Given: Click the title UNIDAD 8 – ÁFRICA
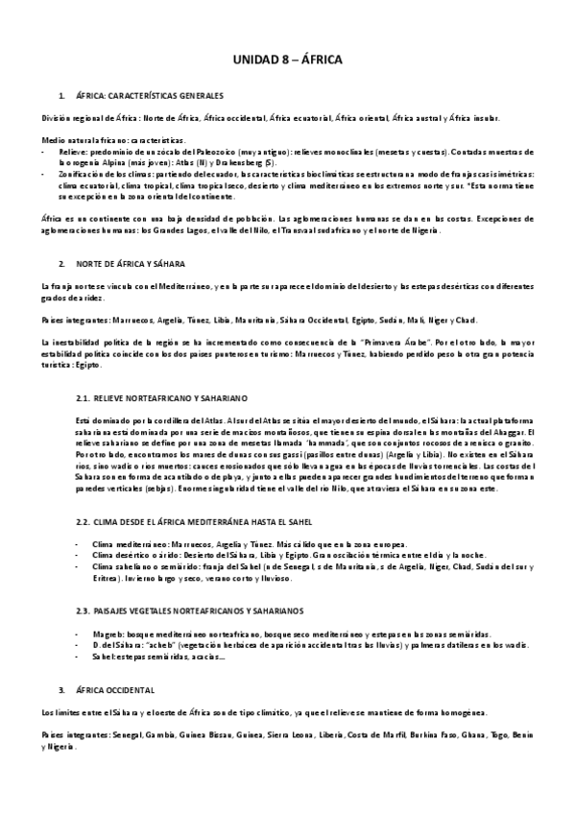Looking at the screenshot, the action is pos(288,60).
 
